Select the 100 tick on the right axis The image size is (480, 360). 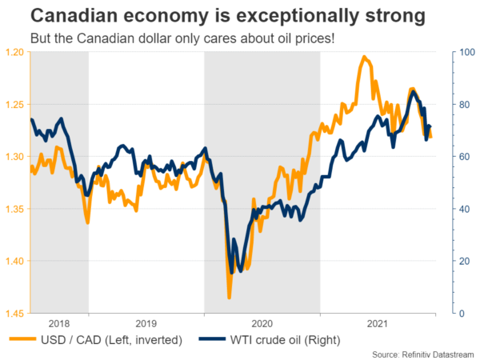coord(461,52)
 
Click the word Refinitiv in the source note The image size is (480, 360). coord(414,354)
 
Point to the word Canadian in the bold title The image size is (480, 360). coord(78,15)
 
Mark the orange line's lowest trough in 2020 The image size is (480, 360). coord(230,298)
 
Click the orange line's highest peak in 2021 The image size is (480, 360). coord(364,57)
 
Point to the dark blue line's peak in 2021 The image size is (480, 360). coord(413,92)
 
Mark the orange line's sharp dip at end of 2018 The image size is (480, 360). coord(87,222)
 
